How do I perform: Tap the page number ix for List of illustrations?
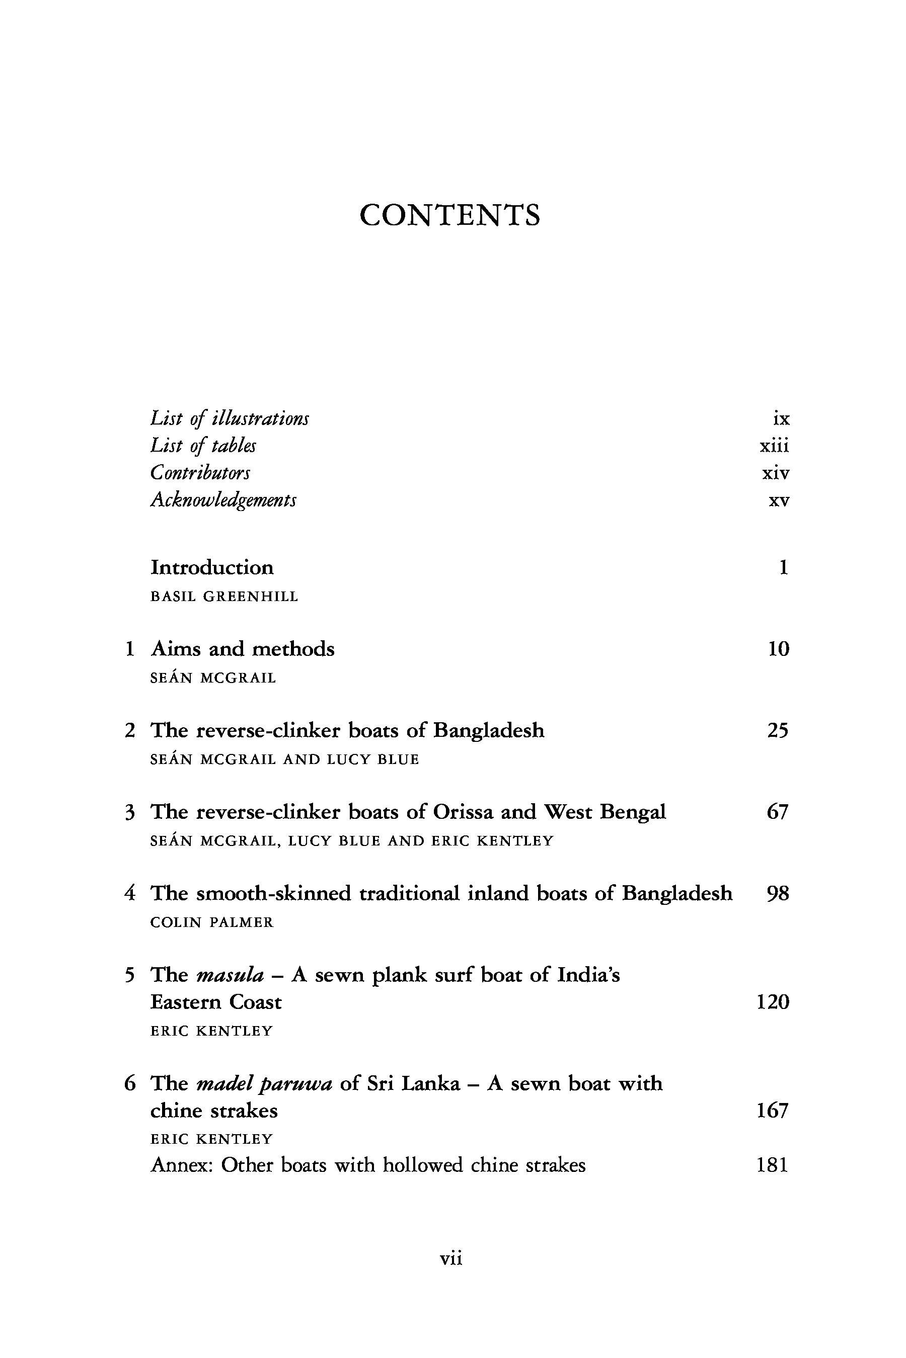[x=781, y=418]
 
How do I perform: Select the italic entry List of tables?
[x=203, y=445]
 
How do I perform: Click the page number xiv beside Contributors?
[x=776, y=473]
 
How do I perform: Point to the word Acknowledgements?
[x=223, y=500]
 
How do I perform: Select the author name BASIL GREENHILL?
[x=224, y=597]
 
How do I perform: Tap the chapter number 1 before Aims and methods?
[x=130, y=649]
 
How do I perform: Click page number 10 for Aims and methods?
[x=778, y=649]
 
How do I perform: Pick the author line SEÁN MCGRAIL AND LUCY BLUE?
[x=284, y=759]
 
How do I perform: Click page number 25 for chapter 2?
[x=778, y=730]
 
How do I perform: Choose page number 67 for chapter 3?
[x=778, y=812]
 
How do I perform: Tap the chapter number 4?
[x=130, y=893]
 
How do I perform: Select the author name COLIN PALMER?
[x=211, y=922]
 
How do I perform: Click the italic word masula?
[x=230, y=975]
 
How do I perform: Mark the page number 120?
[x=773, y=1002]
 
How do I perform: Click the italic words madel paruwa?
[x=264, y=1084]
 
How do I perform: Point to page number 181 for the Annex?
[x=773, y=1165]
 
